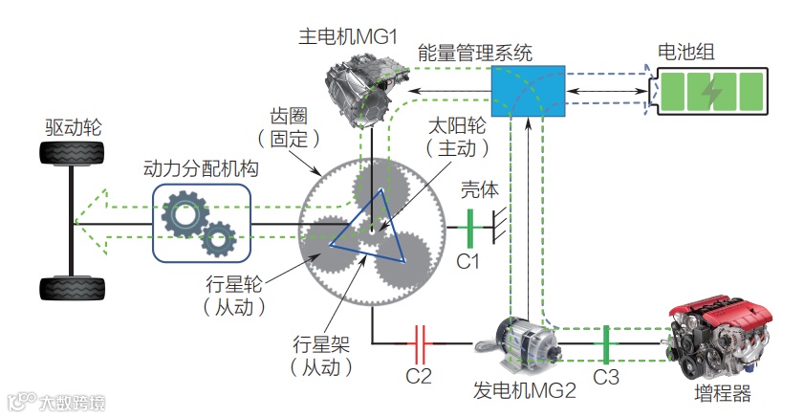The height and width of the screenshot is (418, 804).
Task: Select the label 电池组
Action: (685, 52)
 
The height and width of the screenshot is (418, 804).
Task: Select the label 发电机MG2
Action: (524, 391)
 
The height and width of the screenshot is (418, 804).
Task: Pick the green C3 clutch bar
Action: (605, 340)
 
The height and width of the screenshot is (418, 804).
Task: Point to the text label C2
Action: (419, 375)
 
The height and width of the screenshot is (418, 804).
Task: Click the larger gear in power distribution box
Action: (184, 214)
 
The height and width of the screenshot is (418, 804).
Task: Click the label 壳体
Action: (479, 188)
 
